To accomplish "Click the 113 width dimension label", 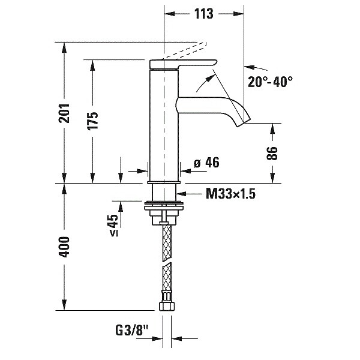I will (204, 14).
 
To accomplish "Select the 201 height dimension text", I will (65, 113).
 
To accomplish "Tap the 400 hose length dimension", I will (65, 247).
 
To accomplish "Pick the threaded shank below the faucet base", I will (164, 192).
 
